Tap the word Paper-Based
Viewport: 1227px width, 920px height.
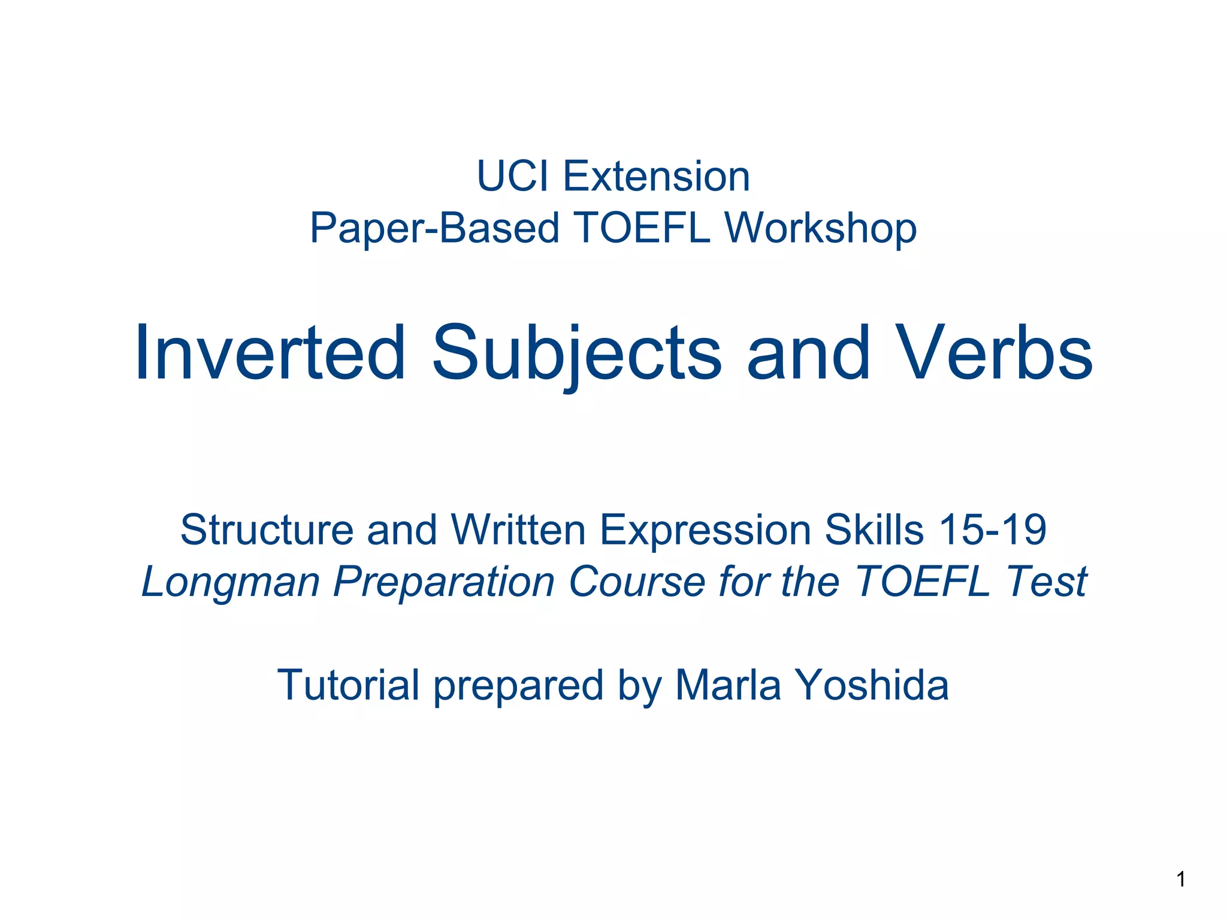pos(434,229)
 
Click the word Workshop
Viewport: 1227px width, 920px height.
pos(820,229)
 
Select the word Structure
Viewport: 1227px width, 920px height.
pos(267,530)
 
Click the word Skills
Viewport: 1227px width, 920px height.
pos(874,530)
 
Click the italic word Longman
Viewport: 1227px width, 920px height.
pos(231,582)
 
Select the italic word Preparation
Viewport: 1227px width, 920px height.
pos(444,582)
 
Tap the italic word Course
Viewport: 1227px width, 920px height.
pos(636,582)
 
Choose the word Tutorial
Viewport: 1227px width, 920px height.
pos(348,685)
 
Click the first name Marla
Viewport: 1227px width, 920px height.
pos(728,685)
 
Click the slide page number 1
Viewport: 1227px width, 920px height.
pos(1181,879)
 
